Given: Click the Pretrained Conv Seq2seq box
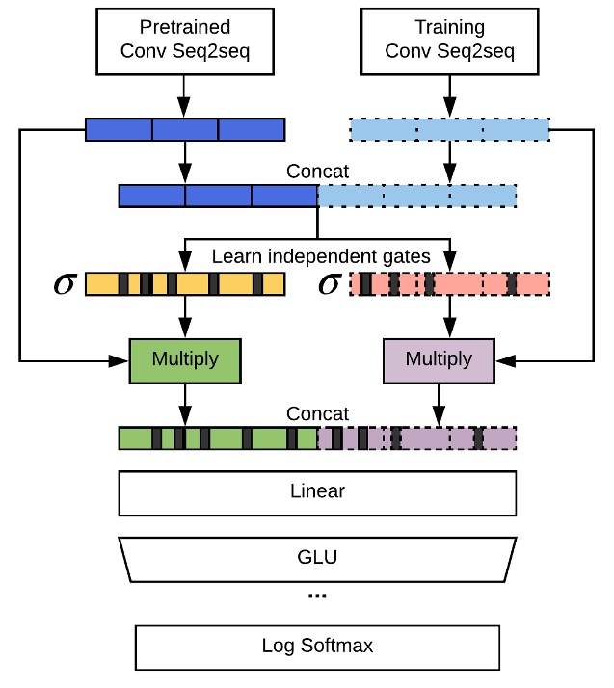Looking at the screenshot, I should click(183, 43).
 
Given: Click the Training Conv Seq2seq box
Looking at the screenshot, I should click(450, 43).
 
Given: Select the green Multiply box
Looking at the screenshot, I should click(185, 359).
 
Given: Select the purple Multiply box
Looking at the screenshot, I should click(440, 359).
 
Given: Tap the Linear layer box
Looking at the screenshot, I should click(317, 492).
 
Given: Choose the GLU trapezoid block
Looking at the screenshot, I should click(317, 557).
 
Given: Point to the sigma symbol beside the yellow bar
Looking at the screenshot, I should click(65, 285).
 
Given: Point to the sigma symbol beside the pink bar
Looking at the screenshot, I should click(329, 285).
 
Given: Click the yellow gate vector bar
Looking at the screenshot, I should click(185, 284).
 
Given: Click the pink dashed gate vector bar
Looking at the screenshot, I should click(449, 284).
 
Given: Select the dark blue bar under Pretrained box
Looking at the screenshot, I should click(185, 128).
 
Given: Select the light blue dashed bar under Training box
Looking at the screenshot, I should click(449, 128).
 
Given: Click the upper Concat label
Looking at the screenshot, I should click(317, 172).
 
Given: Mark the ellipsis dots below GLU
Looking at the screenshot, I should click(317, 596).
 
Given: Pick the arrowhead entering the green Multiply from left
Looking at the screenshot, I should click(122, 360).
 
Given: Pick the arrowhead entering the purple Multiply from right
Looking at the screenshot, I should click(504, 360).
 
